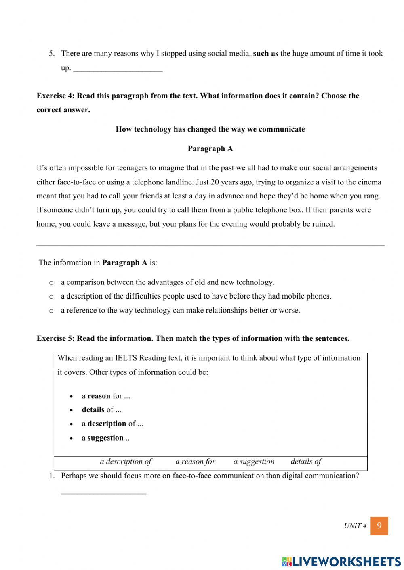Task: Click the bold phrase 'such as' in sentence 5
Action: coord(265,54)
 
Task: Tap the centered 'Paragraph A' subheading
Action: coord(210,149)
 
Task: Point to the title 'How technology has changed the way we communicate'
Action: coord(210,129)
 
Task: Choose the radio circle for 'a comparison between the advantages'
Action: coord(51,283)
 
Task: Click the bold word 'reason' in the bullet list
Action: coord(99,396)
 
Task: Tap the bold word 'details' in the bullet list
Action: coord(93,410)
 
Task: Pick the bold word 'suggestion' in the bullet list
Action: coord(105,438)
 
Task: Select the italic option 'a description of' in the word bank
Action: coord(126,461)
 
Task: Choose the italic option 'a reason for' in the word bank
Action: coord(195,461)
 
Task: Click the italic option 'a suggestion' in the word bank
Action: coord(254,461)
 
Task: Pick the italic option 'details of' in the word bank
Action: coord(306,461)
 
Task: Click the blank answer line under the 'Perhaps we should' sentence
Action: coord(103,492)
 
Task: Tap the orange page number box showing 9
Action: coord(379,526)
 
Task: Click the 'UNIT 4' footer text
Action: coord(355,526)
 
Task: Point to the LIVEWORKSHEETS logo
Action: coord(341,562)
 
